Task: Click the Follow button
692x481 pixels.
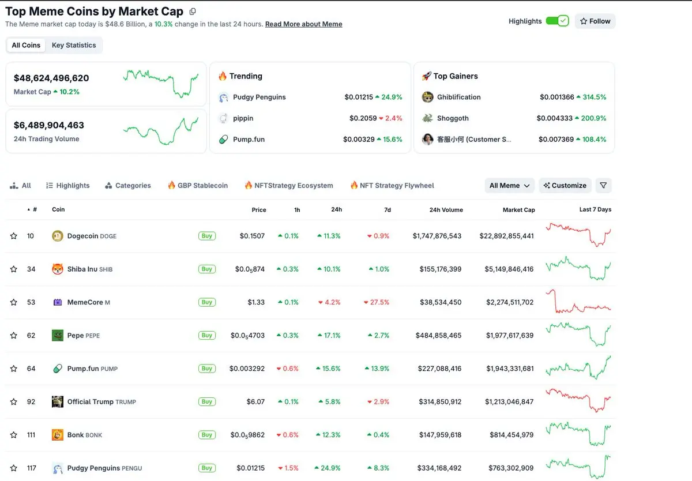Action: (595, 21)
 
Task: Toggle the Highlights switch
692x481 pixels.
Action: (557, 21)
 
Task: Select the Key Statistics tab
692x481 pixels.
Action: (74, 46)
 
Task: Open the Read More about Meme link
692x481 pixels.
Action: (303, 24)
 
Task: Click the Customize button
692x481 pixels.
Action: (565, 186)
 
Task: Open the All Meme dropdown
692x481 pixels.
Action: (509, 186)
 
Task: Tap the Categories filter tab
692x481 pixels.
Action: (128, 186)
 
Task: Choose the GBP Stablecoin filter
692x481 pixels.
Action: (197, 186)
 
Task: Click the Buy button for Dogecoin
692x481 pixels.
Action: (206, 236)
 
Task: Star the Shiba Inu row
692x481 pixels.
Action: (14, 269)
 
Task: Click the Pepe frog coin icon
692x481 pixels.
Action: (57, 335)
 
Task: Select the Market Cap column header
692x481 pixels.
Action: (518, 210)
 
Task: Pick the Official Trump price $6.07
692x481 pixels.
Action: (255, 402)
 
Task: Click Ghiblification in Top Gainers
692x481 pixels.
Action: (458, 97)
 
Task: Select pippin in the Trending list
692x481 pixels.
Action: (243, 118)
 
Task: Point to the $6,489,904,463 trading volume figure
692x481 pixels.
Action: (49, 125)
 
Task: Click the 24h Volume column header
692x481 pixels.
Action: (446, 210)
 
